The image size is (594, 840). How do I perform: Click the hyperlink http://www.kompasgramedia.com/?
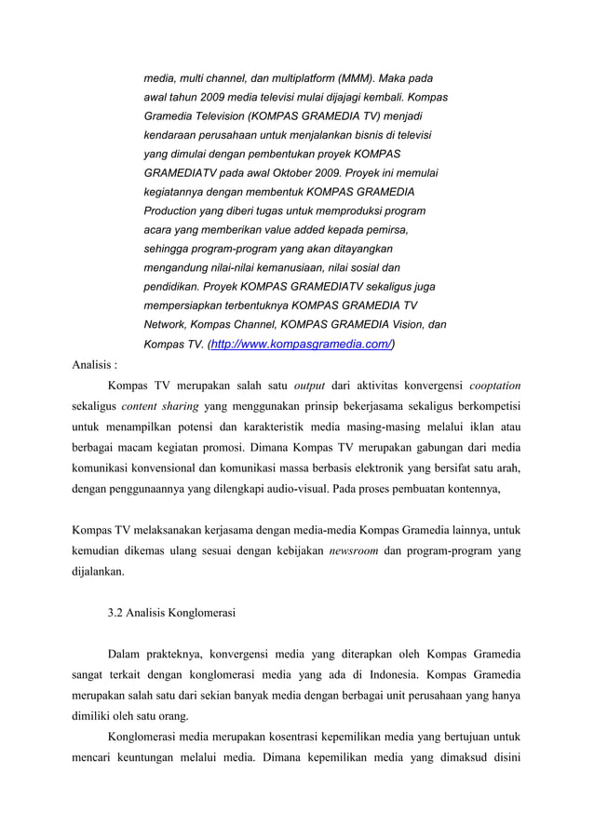[303, 345]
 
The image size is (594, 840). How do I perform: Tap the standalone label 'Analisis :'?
[96, 363]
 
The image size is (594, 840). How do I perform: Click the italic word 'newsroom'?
[354, 551]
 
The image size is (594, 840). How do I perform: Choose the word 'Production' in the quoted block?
[177, 212]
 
